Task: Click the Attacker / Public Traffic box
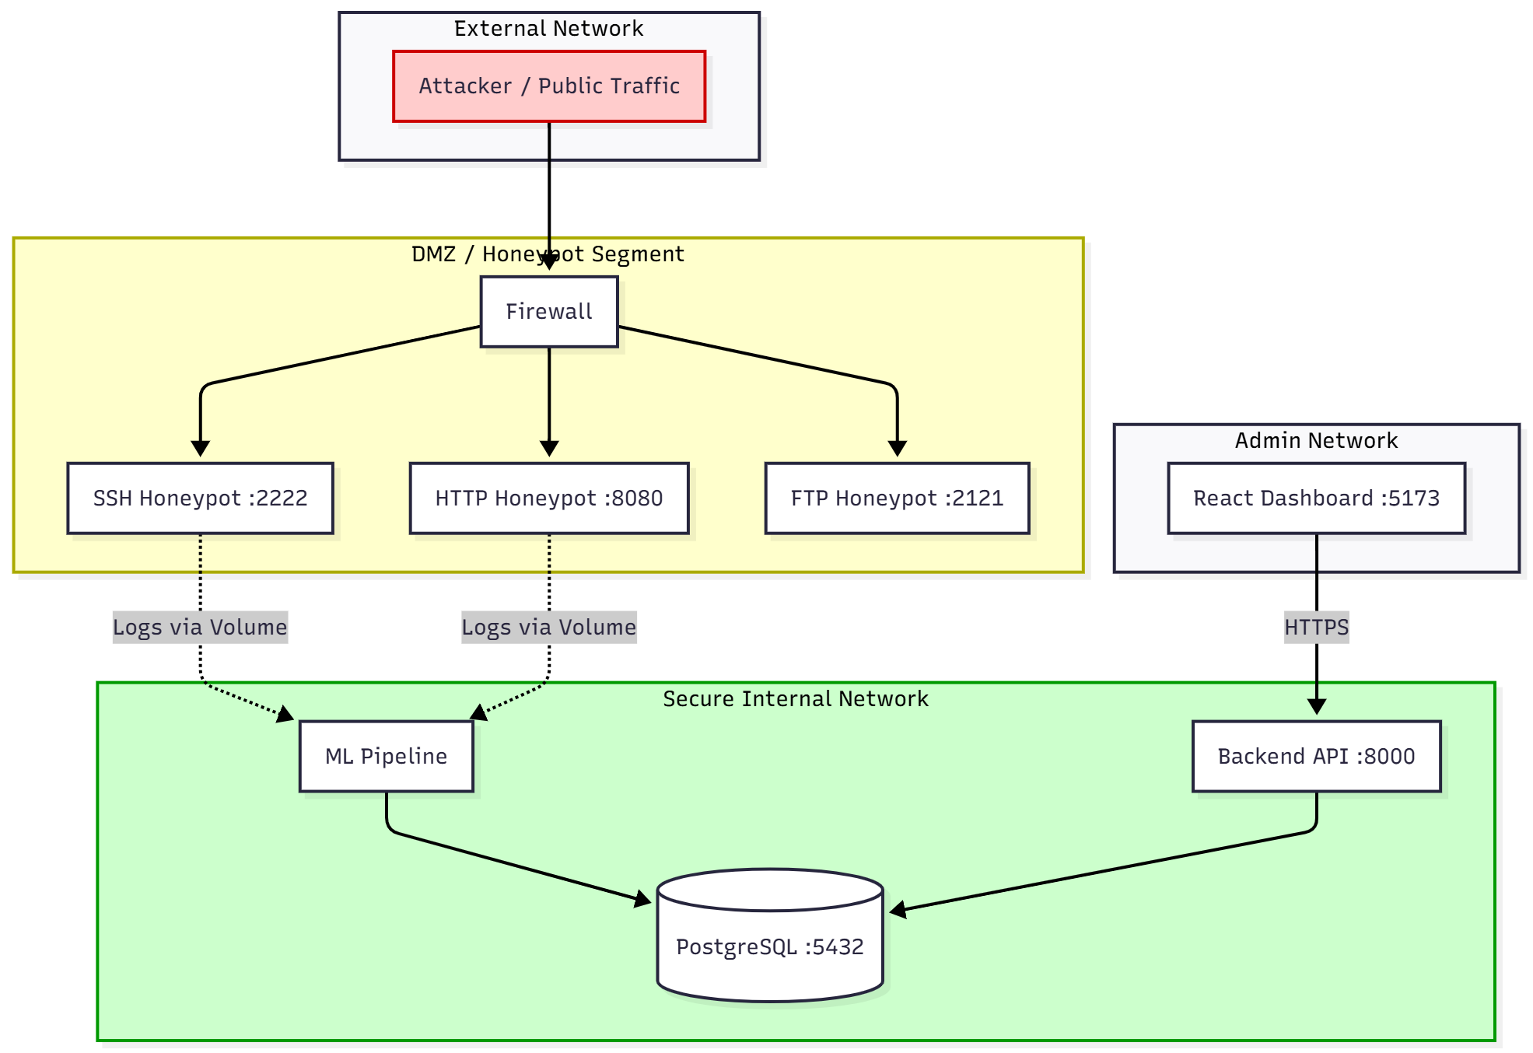(549, 86)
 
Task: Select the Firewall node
(549, 312)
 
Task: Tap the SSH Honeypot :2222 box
(201, 499)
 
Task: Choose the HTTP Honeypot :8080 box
(549, 499)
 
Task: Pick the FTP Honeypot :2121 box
(897, 499)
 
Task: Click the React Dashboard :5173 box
(1316, 499)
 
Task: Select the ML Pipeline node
(387, 757)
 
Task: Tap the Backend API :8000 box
(1316, 757)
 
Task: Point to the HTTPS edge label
(1316, 628)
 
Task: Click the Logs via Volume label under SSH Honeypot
(201, 628)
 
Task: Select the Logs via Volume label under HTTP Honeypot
(549, 628)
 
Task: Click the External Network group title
(549, 29)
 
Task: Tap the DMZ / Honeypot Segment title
(548, 254)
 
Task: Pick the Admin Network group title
(1316, 441)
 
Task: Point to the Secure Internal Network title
(795, 699)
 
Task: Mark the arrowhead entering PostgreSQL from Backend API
(897, 910)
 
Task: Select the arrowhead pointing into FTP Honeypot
(897, 450)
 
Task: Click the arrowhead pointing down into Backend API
(1316, 707)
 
